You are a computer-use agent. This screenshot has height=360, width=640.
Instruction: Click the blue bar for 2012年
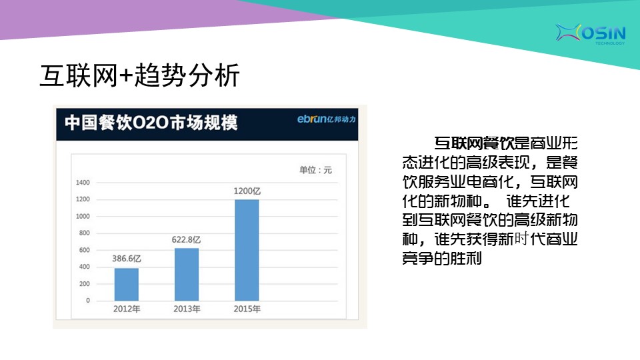pyautogui.click(x=127, y=285)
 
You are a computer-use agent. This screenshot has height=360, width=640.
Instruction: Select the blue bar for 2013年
pyautogui.click(x=187, y=274)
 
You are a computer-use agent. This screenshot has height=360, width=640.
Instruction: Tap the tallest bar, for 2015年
pyautogui.click(x=247, y=250)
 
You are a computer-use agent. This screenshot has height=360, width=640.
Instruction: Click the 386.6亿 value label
pyautogui.click(x=127, y=259)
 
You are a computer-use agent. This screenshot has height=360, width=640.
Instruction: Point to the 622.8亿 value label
pyautogui.click(x=186, y=239)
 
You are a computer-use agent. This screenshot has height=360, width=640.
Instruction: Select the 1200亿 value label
pyautogui.click(x=247, y=191)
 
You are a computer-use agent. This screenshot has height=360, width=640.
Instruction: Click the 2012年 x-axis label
pyautogui.click(x=127, y=309)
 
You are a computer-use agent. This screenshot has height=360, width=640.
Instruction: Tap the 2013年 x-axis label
pyautogui.click(x=187, y=309)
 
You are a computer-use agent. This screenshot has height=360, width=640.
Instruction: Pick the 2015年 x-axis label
pyautogui.click(x=247, y=309)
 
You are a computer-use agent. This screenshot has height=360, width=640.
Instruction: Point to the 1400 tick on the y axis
pyautogui.click(x=83, y=183)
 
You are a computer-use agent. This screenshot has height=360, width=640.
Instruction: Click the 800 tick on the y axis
pyautogui.click(x=84, y=233)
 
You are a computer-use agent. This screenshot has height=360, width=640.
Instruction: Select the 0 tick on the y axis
pyautogui.click(x=88, y=301)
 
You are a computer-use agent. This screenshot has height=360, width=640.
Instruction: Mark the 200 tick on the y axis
pyautogui.click(x=84, y=284)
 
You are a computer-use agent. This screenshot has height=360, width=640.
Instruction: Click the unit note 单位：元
pyautogui.click(x=315, y=170)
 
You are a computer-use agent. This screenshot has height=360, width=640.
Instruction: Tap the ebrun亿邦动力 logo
pyautogui.click(x=327, y=119)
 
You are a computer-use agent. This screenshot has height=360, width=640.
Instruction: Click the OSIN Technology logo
pyautogui.click(x=590, y=33)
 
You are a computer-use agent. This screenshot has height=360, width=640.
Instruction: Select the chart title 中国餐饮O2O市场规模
pyautogui.click(x=151, y=123)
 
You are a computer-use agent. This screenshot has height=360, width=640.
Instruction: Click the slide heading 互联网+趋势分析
pyautogui.click(x=139, y=75)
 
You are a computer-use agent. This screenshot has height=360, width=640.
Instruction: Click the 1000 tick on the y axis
pyautogui.click(x=83, y=216)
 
